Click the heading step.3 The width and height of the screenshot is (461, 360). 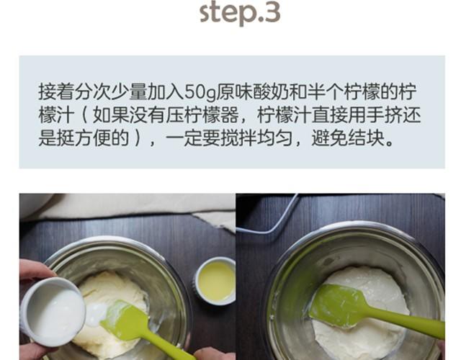[x=240, y=12]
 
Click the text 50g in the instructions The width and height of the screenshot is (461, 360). [x=200, y=91]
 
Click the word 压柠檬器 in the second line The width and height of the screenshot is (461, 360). [x=202, y=115]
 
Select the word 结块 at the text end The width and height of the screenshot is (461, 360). [x=366, y=138]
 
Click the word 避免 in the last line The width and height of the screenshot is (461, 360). [x=329, y=138]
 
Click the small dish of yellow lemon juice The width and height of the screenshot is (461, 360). [x=215, y=282]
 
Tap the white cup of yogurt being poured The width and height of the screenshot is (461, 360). [x=53, y=312]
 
